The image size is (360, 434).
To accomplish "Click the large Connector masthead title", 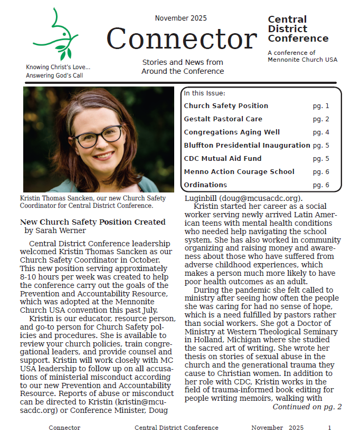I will click(182, 39).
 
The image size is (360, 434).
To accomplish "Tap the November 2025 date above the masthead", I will click(182, 18).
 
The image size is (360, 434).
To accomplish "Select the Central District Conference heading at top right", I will click(298, 29).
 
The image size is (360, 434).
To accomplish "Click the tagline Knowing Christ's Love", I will click(58, 67).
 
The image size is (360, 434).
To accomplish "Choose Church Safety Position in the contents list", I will click(226, 106).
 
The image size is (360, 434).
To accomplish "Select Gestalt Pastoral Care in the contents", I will click(223, 119).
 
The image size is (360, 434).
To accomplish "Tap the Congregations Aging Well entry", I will click(232, 132).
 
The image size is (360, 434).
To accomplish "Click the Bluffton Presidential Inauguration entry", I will click(247, 146).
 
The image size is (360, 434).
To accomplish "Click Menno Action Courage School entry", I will click(239, 172).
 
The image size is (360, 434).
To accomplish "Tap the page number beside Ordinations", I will click(320, 185).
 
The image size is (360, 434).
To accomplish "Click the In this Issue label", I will click(204, 93).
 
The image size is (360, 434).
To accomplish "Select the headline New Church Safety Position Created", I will click(92, 222).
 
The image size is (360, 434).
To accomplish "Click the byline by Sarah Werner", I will click(55, 230).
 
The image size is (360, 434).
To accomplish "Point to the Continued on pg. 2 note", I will click(307, 407).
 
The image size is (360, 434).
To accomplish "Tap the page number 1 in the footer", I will click(329, 428).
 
